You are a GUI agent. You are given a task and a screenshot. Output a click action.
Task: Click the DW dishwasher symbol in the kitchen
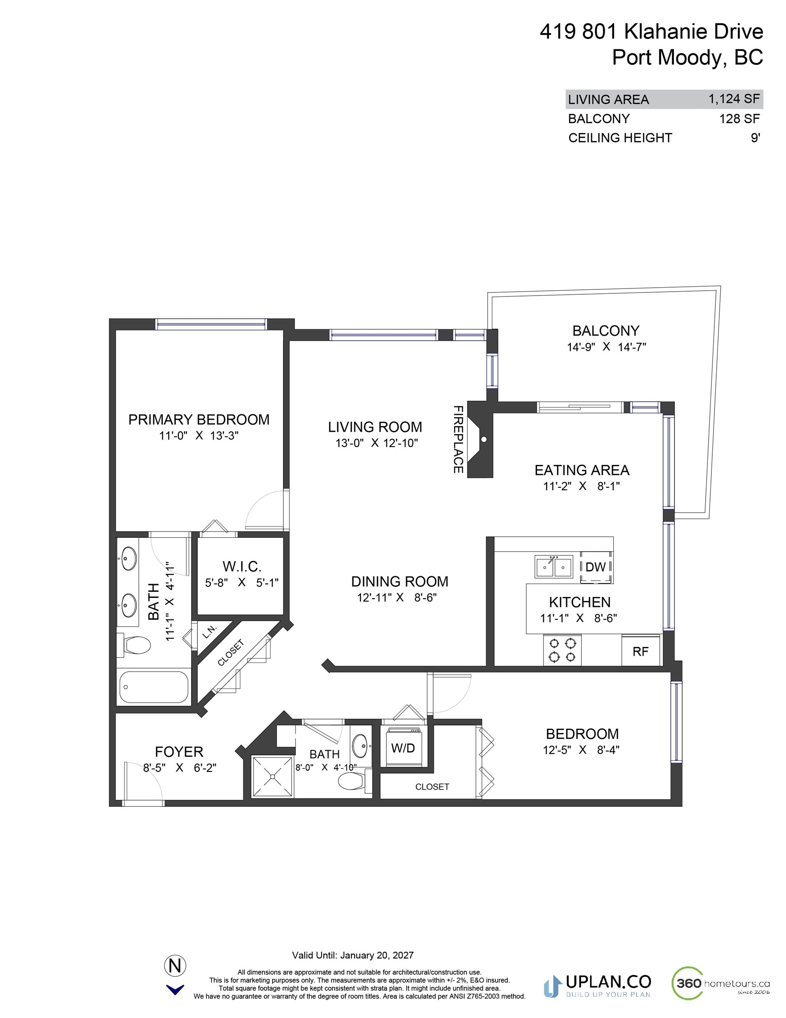596,567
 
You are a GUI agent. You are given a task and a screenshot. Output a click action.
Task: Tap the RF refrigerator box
641,651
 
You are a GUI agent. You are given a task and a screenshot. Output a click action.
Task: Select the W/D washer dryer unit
403,748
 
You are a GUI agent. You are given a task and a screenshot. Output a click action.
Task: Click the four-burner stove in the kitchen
562,651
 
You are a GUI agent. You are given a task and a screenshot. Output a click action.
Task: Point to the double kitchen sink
553,567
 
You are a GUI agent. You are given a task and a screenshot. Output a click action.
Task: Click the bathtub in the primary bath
154,687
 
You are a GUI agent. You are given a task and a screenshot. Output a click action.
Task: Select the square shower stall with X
272,777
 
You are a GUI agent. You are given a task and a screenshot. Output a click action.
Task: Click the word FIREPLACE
458,439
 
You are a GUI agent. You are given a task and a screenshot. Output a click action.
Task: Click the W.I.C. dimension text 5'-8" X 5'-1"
242,582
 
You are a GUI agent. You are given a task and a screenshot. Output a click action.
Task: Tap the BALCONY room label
606,330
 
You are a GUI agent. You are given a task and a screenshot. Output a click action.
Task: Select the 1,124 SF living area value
734,99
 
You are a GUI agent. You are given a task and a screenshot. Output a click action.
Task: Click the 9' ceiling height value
755,138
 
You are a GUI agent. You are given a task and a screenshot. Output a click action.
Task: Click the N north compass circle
175,966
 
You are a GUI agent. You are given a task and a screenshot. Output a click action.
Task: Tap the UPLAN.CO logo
597,984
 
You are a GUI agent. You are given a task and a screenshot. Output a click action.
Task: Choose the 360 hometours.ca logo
720,983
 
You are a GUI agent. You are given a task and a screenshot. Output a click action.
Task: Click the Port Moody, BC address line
687,57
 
